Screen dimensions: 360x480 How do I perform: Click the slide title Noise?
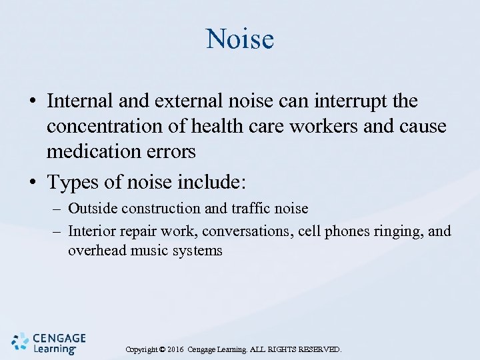click(240, 39)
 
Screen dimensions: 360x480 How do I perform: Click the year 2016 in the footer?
click(175, 349)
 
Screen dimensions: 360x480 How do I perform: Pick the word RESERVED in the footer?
click(317, 349)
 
